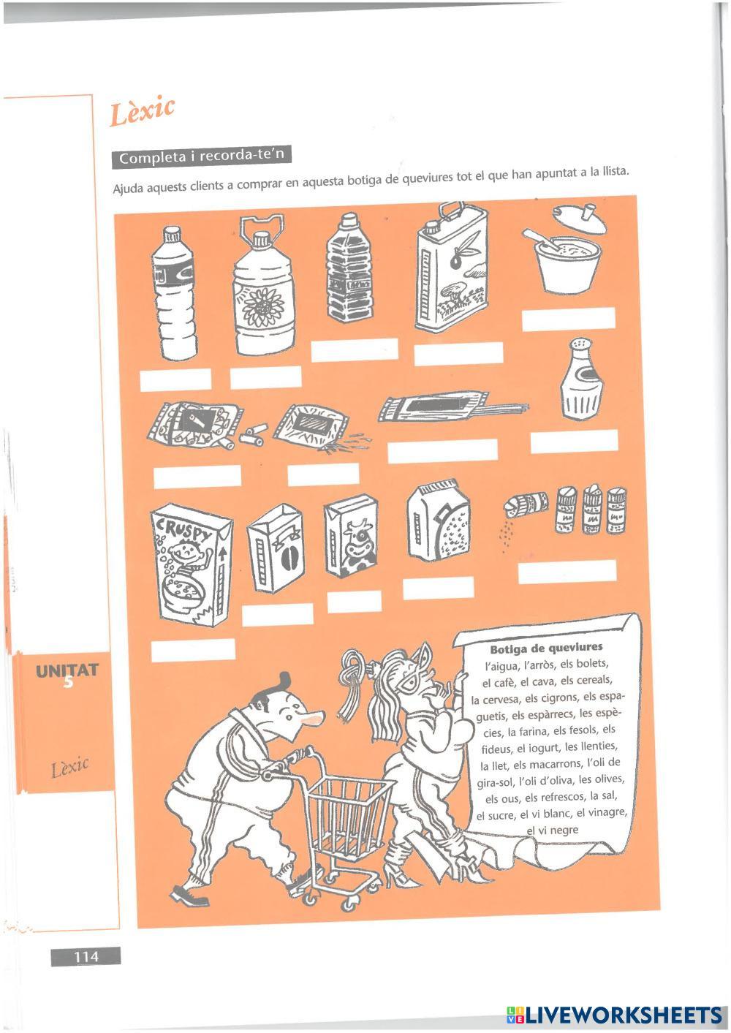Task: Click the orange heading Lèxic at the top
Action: [143, 112]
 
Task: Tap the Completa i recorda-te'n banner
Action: [201, 156]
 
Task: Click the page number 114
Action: [86, 956]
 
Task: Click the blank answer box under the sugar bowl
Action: [569, 319]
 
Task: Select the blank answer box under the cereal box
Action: [193, 650]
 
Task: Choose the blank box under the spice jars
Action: [567, 572]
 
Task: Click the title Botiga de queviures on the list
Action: [546, 647]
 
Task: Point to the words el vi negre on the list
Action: [553, 829]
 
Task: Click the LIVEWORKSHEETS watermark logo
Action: [614, 1015]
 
